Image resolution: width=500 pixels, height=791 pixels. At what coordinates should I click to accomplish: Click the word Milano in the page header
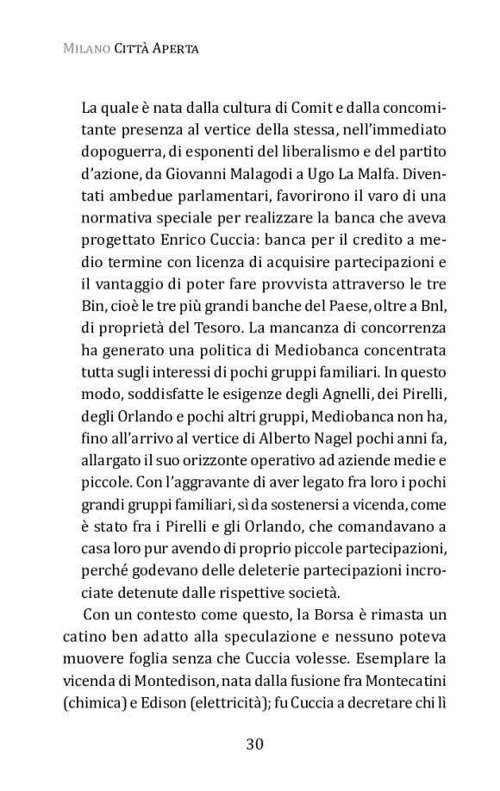84,49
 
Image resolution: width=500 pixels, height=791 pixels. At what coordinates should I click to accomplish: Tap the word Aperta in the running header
175,49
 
